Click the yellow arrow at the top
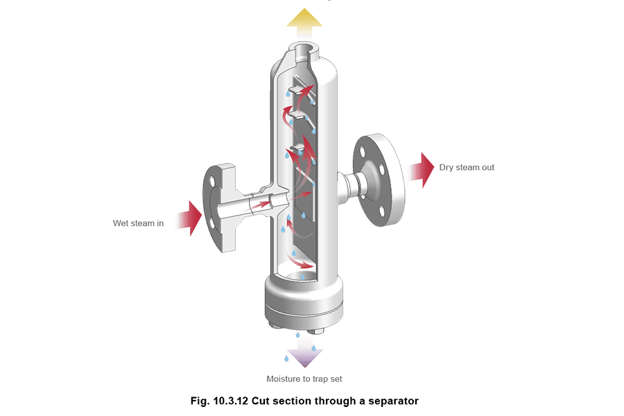click(x=304, y=23)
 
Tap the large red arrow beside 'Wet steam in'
click(x=190, y=218)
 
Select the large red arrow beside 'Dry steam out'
click(x=422, y=170)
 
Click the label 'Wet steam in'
click(x=138, y=223)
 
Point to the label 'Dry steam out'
click(x=467, y=168)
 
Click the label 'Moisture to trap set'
click(x=304, y=379)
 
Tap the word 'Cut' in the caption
click(x=260, y=401)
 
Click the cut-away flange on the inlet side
click(x=219, y=207)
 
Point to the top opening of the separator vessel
click(x=305, y=50)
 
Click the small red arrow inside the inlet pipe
click(x=260, y=205)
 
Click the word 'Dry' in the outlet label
click(x=446, y=168)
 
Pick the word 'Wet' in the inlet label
click(x=121, y=223)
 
